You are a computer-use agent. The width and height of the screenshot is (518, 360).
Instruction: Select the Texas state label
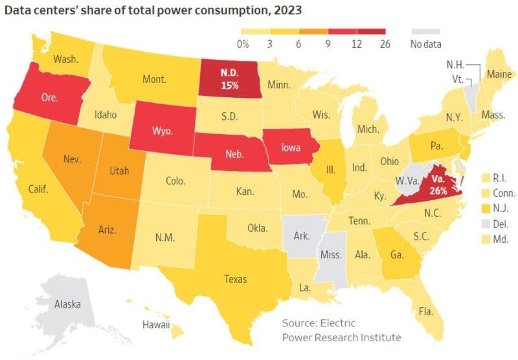(x=236, y=280)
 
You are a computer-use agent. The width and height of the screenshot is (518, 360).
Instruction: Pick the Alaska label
(x=67, y=304)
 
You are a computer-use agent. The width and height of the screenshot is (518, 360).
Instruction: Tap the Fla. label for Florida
(x=425, y=311)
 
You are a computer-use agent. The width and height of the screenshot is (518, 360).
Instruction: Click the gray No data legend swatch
(x=425, y=30)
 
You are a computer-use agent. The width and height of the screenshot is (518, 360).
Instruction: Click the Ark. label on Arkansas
(x=302, y=236)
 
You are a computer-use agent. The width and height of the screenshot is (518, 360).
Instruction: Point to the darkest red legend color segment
(x=373, y=30)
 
